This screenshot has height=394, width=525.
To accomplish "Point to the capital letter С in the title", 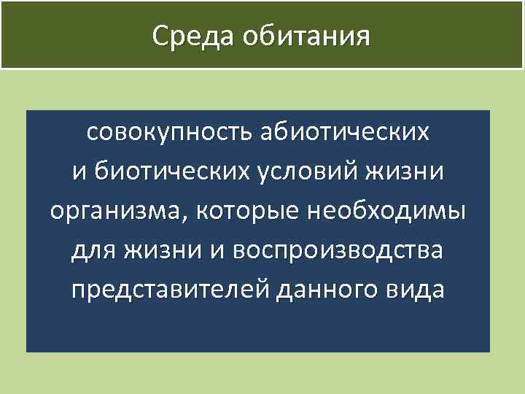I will pyautogui.click(x=161, y=36).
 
